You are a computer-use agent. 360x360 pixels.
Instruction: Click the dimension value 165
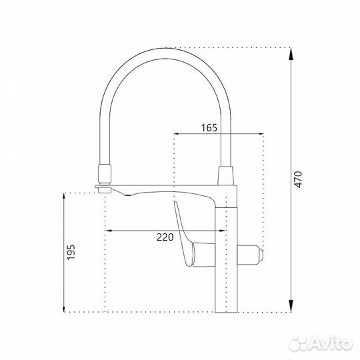[x=209, y=128]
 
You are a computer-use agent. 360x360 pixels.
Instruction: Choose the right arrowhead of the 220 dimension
[x=223, y=231]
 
